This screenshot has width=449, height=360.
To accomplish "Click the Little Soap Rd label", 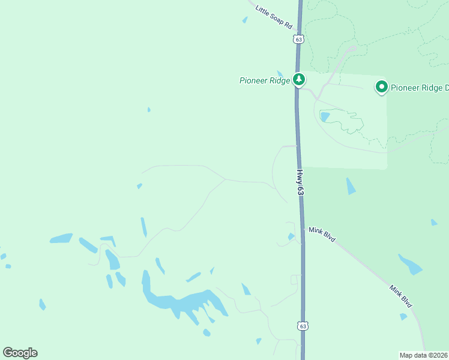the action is coord(273,18).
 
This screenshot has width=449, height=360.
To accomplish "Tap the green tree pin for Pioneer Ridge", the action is coord(298,79).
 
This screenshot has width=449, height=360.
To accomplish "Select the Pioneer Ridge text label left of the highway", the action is coord(264,80).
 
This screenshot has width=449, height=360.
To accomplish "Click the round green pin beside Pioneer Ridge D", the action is coord(381,87).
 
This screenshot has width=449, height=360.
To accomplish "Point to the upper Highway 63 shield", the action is coord(299,38).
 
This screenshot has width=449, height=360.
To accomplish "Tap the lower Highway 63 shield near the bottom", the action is coord(303,326).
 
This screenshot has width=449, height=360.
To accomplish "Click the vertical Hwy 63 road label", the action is coord(300,181).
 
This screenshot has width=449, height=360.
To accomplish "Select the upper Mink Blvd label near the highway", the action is coord(322,234).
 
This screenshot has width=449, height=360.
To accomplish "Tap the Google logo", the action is coord(20,352).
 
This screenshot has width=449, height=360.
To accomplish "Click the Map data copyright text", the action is coord(424,355).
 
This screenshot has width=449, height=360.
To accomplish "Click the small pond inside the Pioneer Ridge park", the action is coord(325,116).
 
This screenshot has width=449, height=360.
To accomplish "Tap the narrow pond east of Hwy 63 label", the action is coord(351,186).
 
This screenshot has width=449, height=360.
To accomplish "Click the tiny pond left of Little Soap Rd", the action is coord(245,20).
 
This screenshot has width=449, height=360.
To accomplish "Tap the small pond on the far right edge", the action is coord(434,222).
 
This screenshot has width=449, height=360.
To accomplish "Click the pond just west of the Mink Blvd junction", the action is coord(291,236).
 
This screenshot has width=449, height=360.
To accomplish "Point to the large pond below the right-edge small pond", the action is coord(410,264).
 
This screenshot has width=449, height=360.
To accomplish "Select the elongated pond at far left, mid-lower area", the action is coord(61,238).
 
